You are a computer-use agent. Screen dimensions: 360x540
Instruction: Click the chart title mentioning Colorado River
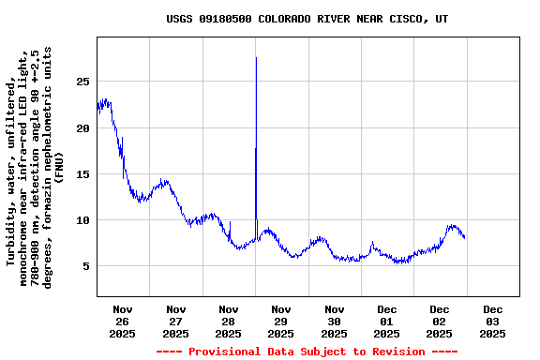click(307, 19)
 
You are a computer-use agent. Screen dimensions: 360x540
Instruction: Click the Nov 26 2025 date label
click(123, 321)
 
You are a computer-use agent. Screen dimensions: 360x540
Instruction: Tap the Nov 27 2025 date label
click(176, 321)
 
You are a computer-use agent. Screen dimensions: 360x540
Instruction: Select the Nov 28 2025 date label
click(229, 321)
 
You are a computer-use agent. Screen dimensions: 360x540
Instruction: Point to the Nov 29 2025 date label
click(281, 321)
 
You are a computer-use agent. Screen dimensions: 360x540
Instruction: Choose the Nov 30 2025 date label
click(335, 321)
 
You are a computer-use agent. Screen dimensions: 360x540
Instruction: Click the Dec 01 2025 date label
click(387, 321)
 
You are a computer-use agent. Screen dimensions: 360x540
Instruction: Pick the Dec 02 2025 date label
click(440, 321)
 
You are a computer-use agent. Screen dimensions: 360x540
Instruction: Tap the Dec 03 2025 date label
click(493, 321)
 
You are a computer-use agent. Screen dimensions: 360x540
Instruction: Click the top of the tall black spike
click(256, 58)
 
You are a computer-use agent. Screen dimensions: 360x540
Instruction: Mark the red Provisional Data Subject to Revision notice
click(307, 352)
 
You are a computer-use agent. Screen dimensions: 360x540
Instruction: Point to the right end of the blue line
click(464, 237)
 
